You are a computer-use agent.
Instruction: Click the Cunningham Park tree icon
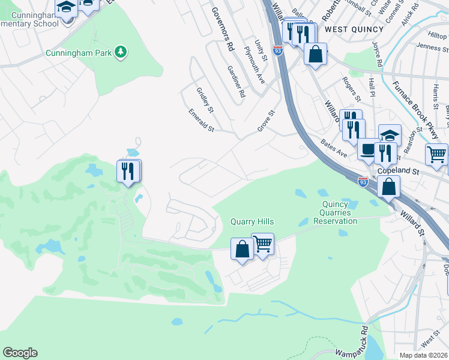tap(121, 53)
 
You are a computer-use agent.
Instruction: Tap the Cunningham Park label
tap(79, 53)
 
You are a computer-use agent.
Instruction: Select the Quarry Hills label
tap(253, 221)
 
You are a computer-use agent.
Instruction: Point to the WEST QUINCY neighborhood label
tap(354, 29)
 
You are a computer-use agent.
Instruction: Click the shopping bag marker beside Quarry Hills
tap(242, 248)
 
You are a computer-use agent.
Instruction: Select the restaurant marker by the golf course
tap(128, 172)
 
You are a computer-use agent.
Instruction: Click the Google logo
tap(20, 353)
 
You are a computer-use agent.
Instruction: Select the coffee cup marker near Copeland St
tap(367, 149)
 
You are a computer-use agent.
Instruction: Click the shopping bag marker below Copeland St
tap(389, 186)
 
